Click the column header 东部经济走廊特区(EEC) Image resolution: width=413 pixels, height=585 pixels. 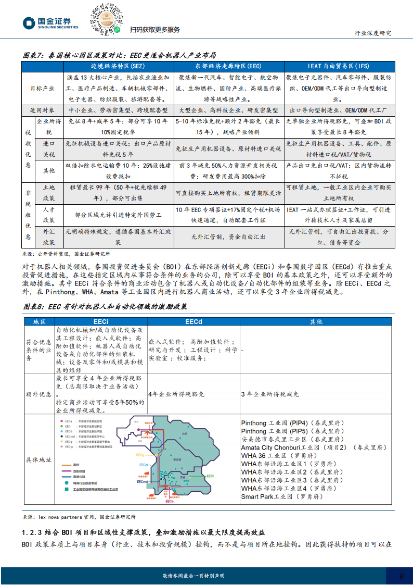click(227, 66)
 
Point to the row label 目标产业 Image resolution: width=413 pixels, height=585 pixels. click(43, 88)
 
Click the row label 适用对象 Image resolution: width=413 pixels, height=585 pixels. click(43, 110)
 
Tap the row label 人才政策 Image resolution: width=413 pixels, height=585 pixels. click(49, 214)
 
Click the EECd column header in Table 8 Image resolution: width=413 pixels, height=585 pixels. click(193, 322)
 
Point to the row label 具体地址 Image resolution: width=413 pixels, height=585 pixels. click(39, 460)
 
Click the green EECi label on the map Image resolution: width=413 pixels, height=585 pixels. click(210, 476)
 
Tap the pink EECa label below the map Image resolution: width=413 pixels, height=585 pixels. click(169, 501)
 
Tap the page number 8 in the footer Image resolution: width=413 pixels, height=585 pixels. click(401, 576)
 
